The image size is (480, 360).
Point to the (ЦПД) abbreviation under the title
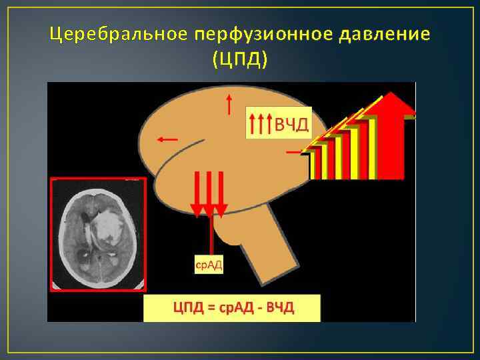pyautogui.click(x=240, y=59)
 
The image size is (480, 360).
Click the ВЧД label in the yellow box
pyautogui.click(x=292, y=123)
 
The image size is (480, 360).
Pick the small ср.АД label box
pyautogui.click(x=209, y=265)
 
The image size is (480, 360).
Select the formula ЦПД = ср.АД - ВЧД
pyautogui.click(x=233, y=307)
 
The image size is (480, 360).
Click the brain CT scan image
pyautogui.click(x=99, y=235)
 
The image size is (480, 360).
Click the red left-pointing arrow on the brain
pyautogui.click(x=167, y=139)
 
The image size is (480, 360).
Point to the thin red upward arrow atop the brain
pyautogui.click(x=229, y=104)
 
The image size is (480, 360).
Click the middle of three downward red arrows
pyautogui.click(x=211, y=193)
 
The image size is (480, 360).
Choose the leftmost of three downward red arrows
pyautogui.click(x=197, y=193)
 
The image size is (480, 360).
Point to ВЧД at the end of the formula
pyautogui.click(x=279, y=307)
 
